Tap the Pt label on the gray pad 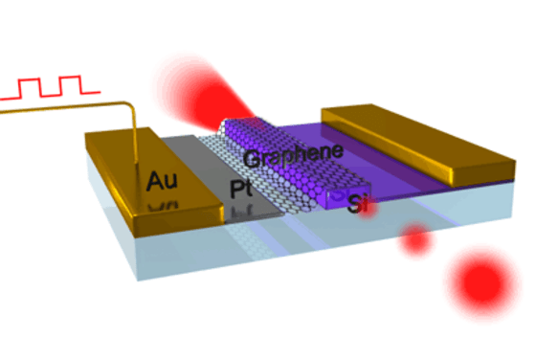(x=241, y=189)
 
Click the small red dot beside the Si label (x=413, y=239)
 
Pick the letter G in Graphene (x=252, y=158)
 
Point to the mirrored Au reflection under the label (x=163, y=204)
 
